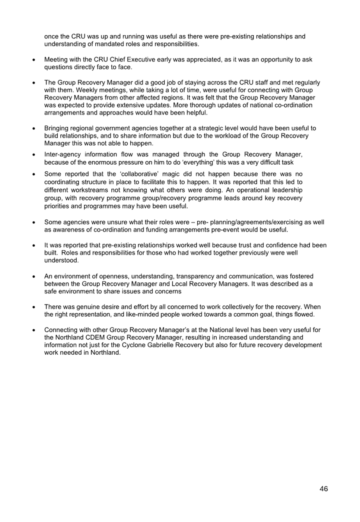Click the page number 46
pyautogui.click(x=324, y=489)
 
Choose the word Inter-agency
pyautogui.click(x=61, y=154)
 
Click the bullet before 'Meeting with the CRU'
pyautogui.click(x=34, y=60)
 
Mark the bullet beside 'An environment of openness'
pyautogui.click(x=34, y=276)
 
